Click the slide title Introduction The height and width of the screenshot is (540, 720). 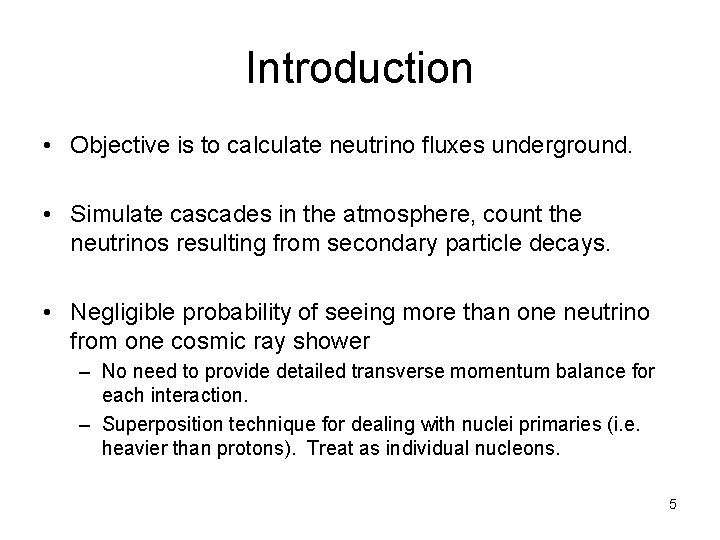coord(359,69)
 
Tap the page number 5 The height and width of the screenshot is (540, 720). coord(672,504)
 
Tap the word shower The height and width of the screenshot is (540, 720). coord(336,341)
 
